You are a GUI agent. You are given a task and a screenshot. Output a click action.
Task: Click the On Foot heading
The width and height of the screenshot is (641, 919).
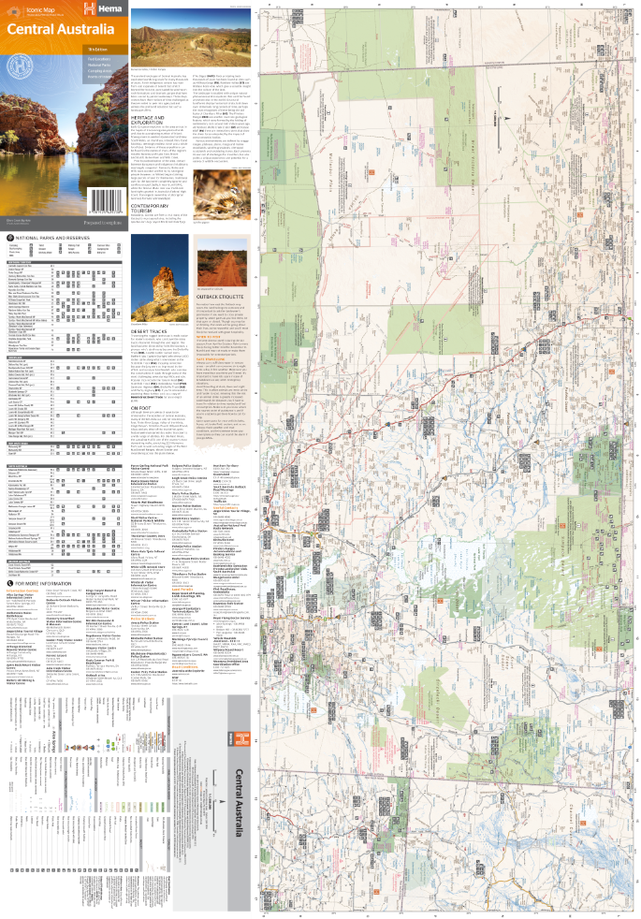140,407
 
